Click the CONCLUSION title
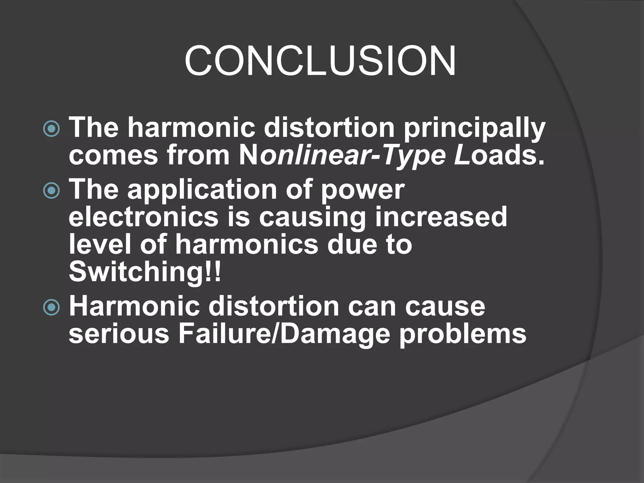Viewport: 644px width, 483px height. (x=320, y=60)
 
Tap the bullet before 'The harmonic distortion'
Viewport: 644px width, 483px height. (x=51, y=129)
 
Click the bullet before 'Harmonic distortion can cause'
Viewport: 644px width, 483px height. (x=51, y=307)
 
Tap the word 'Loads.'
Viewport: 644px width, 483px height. (x=499, y=156)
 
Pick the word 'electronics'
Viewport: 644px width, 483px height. (x=143, y=217)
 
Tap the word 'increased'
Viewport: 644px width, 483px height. (x=441, y=217)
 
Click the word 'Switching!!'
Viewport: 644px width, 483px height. (x=145, y=272)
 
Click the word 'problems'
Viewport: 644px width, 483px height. (x=463, y=334)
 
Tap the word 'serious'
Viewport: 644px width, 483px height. (x=119, y=334)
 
